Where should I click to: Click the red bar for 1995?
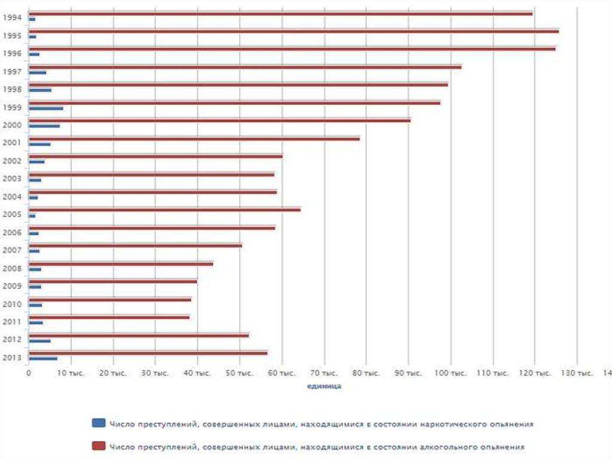click(x=293, y=31)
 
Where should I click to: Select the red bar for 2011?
click(x=109, y=317)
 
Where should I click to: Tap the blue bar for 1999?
click(x=45, y=108)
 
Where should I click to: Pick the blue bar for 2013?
click(x=43, y=358)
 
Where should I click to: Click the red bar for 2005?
click(x=164, y=209)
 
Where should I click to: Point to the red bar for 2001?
click(x=194, y=139)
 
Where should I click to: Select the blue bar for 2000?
click(x=44, y=126)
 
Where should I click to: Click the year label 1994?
click(x=12, y=17)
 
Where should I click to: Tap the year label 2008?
click(x=12, y=268)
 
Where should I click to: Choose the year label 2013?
click(x=12, y=358)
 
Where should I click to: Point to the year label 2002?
click(x=12, y=160)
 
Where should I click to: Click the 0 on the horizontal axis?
click(x=29, y=373)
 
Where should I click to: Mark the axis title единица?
click(x=324, y=387)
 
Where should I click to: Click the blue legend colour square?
click(x=99, y=423)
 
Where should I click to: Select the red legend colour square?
click(x=99, y=446)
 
